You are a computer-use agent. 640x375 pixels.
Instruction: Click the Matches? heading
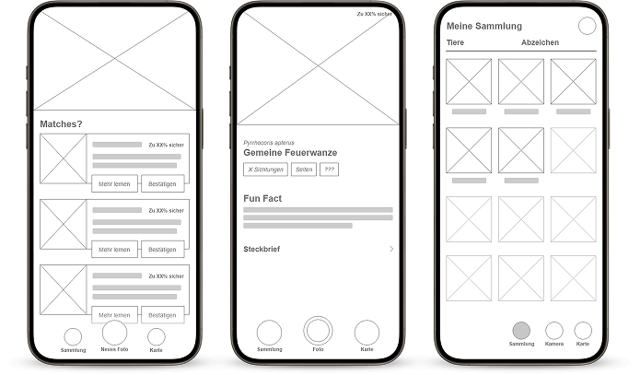coord(61,123)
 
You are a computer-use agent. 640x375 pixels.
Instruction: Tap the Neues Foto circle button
coord(115,333)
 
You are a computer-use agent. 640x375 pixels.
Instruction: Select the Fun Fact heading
coord(262,198)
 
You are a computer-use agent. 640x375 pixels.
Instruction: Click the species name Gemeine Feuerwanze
coord(290,152)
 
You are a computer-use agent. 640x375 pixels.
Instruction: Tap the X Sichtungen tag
coord(265,170)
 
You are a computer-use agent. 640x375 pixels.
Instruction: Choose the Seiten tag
coord(303,170)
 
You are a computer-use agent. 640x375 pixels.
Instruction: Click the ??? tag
coord(329,170)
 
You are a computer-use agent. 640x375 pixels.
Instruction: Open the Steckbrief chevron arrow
coord(391,249)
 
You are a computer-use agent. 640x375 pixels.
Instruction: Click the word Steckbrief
coord(262,249)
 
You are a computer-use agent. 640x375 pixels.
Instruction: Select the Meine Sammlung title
coord(483,26)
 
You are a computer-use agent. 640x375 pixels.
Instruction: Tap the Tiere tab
coord(455,43)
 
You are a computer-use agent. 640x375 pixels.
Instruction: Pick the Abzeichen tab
coord(540,43)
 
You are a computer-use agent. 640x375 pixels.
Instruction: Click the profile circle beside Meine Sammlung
coord(587,26)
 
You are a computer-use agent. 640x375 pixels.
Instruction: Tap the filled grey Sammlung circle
coord(521,330)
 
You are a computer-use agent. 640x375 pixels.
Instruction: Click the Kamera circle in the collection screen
coord(554,330)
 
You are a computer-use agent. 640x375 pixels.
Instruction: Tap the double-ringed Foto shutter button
coord(318,331)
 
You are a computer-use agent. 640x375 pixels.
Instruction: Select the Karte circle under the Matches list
coord(157,336)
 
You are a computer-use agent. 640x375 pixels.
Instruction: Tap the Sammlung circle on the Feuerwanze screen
coord(269,332)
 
